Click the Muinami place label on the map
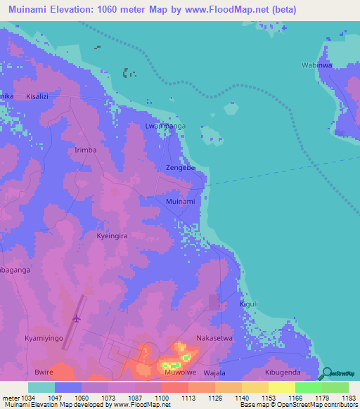tap(180, 202)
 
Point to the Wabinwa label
tap(316, 65)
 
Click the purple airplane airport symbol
tap(75, 318)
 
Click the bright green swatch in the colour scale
tap(308, 387)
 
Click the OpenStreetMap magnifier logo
tap(328, 373)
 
